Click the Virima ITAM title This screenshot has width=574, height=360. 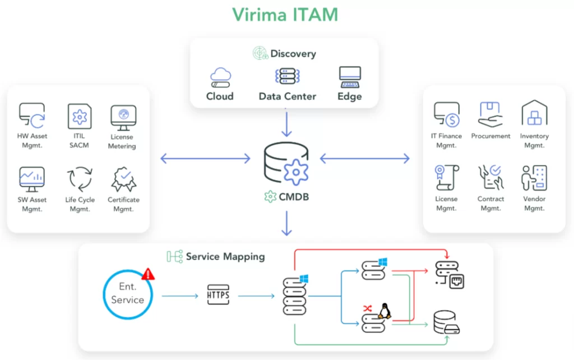pyautogui.click(x=285, y=15)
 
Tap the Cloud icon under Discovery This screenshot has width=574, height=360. pyautogui.click(x=220, y=77)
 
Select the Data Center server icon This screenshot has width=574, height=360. pyautogui.click(x=288, y=76)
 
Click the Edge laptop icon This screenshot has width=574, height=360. pyautogui.click(x=350, y=77)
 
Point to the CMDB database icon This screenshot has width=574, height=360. pyautogui.click(x=286, y=164)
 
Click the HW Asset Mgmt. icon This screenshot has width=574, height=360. pyautogui.click(x=32, y=116)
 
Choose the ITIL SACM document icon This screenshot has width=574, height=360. pyautogui.click(x=80, y=116)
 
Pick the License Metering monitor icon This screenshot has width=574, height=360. pyautogui.click(x=123, y=118)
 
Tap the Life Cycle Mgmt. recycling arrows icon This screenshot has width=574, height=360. pyautogui.click(x=80, y=179)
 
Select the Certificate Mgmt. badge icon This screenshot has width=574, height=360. pyautogui.click(x=124, y=179)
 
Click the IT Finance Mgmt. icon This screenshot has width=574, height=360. pyautogui.click(x=447, y=114)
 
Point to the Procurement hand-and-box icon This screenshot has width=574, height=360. pyautogui.click(x=490, y=114)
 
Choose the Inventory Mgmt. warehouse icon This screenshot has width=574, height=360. pyautogui.click(x=534, y=113)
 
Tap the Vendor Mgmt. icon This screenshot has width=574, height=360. pyautogui.click(x=534, y=178)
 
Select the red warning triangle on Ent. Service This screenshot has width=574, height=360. pyautogui.click(x=148, y=274)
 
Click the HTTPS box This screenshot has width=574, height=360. pyautogui.click(x=218, y=294)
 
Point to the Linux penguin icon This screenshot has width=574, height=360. pyautogui.click(x=385, y=311)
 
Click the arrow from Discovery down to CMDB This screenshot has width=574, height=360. pyautogui.click(x=286, y=124)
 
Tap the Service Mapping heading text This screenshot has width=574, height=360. pyautogui.click(x=225, y=256)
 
